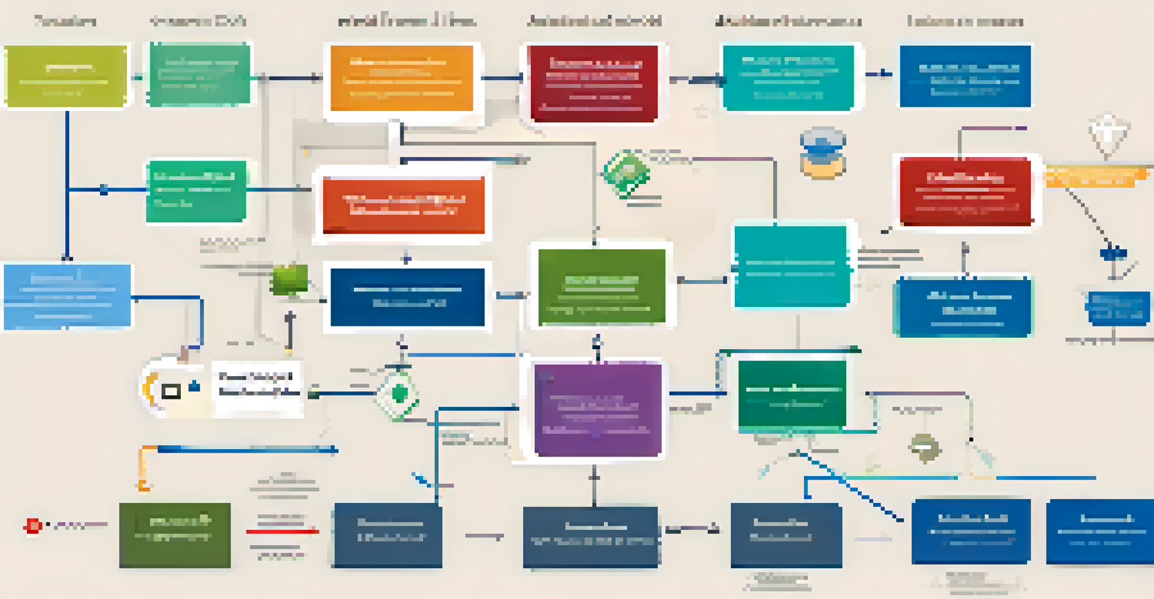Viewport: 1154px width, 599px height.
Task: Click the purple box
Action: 597,409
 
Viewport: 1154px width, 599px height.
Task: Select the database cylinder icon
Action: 823,152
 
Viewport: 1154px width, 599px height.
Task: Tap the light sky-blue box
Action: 67,296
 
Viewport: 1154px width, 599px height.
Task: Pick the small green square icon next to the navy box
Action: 290,279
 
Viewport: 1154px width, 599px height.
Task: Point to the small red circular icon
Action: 32,526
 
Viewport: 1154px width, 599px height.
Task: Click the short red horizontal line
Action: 282,531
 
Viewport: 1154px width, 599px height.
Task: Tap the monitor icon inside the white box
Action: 171,390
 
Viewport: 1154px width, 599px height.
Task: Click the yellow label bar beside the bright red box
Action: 1097,177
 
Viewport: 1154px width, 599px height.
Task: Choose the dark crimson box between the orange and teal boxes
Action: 593,83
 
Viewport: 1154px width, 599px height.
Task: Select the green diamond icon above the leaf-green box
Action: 625,173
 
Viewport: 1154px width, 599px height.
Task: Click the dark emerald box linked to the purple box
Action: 792,395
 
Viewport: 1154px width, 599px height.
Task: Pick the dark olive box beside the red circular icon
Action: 174,534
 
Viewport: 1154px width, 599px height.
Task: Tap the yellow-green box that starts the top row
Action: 65,76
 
